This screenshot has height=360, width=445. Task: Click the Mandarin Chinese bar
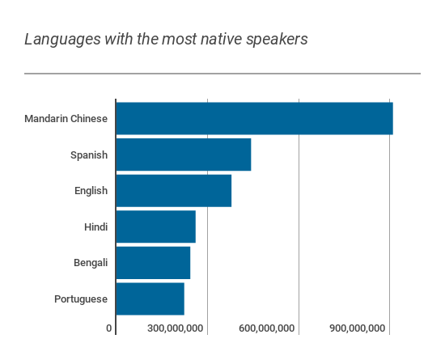pyautogui.click(x=254, y=118)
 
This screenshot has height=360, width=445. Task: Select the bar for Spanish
pyautogui.click(x=184, y=155)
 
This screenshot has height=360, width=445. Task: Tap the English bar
pyautogui.click(x=174, y=191)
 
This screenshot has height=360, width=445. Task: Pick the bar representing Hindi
pyautogui.click(x=156, y=227)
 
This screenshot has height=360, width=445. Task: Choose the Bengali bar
pyautogui.click(x=153, y=263)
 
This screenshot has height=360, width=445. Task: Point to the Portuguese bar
pyautogui.click(x=150, y=299)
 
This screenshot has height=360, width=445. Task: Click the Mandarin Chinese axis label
pyautogui.click(x=66, y=119)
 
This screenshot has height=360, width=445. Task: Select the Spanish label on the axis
pyautogui.click(x=89, y=155)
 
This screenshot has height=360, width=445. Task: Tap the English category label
pyautogui.click(x=91, y=191)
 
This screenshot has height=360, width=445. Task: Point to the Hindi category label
pyautogui.click(x=95, y=227)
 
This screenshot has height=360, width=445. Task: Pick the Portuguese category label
pyautogui.click(x=81, y=299)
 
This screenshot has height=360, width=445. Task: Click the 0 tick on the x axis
pyautogui.click(x=109, y=328)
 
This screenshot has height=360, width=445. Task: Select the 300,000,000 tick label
pyautogui.click(x=176, y=328)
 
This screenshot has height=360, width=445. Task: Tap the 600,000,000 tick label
pyautogui.click(x=268, y=328)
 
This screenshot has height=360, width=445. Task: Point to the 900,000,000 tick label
pyautogui.click(x=359, y=328)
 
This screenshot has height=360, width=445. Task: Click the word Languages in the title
pyautogui.click(x=57, y=40)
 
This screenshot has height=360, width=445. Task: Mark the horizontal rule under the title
pyautogui.click(x=222, y=74)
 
